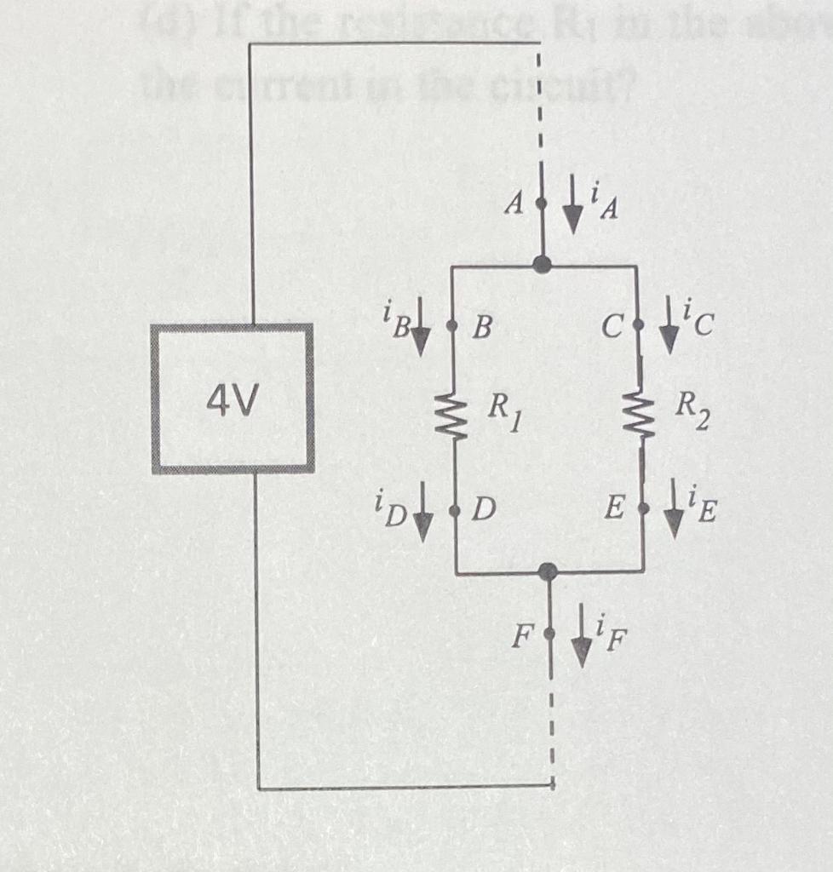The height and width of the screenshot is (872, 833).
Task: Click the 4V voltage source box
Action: (x=233, y=398)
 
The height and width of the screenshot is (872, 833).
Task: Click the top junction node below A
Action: (x=541, y=265)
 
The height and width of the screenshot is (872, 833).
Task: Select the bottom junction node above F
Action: (x=549, y=571)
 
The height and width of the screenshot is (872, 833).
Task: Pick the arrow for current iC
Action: (x=669, y=335)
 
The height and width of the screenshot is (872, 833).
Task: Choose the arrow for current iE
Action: (x=675, y=518)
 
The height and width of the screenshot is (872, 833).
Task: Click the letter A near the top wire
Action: (x=512, y=204)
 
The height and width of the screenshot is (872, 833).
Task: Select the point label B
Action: (x=481, y=328)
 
